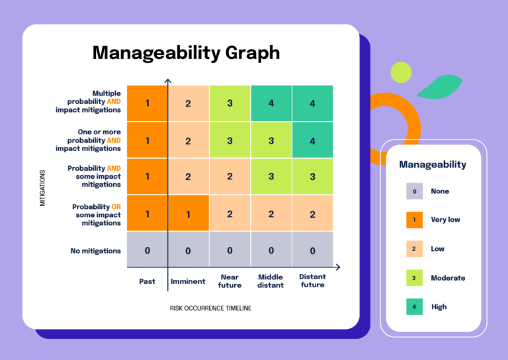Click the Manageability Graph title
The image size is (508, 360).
coord(186,52)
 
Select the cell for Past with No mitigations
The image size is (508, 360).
coord(148,250)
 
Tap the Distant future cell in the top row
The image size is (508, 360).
coord(312,103)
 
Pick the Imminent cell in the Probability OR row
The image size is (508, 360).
coord(189,214)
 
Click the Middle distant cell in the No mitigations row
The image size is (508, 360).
coord(271,250)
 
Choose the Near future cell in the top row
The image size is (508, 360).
coord(230,103)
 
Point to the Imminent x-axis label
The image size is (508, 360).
coord(188,281)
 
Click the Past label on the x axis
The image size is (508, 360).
coord(148,281)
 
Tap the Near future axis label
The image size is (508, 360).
coord(229,281)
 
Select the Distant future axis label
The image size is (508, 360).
coord(312,281)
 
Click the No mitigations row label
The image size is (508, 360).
coord(96,251)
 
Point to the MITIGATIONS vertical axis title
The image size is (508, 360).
coord(42,188)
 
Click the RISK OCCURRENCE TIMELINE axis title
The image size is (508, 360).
coord(210,308)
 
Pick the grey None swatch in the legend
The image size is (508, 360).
coord(414,191)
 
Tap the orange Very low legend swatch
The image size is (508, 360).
coord(414,220)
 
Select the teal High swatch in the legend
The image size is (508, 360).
coord(414,306)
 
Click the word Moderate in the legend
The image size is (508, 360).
coord(448,278)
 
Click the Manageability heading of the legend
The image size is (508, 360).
coord(433,164)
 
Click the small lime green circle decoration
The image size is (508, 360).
coord(401,71)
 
